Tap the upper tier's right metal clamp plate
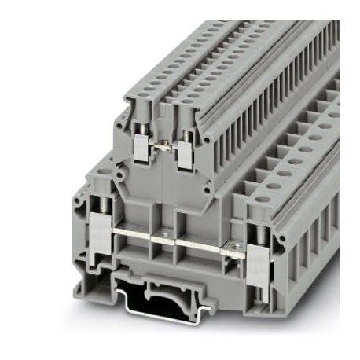tap(186, 156)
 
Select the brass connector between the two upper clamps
tap(163, 146)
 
